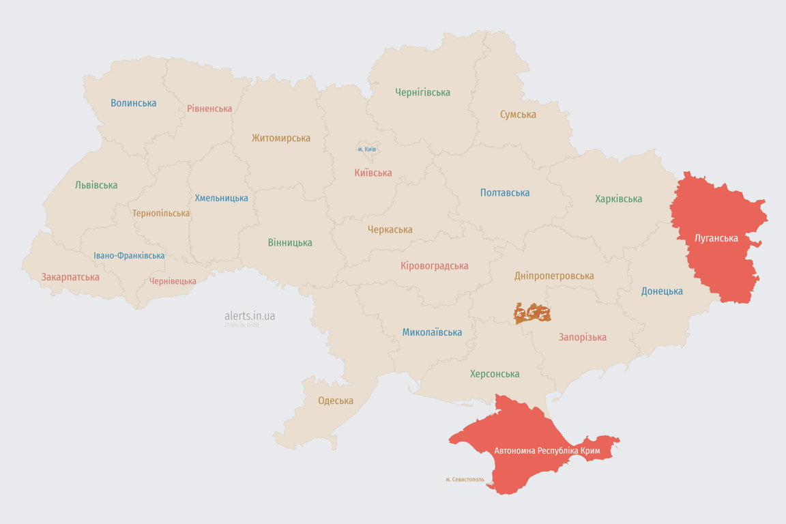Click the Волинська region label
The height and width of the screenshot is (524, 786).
(x=134, y=103)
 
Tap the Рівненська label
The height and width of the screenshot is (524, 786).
(x=209, y=108)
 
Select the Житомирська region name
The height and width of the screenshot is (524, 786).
(x=280, y=138)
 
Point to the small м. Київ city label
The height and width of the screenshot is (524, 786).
(x=366, y=149)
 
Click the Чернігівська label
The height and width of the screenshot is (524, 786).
(x=422, y=92)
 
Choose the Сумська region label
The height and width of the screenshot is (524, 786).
(x=518, y=115)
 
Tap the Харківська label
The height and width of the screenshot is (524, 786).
(x=618, y=199)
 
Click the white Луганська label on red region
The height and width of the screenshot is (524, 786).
(x=716, y=238)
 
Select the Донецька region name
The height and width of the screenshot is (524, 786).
(x=662, y=291)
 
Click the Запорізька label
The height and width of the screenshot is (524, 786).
(x=582, y=337)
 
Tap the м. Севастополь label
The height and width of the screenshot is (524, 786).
(x=465, y=480)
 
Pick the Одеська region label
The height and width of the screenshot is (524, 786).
(x=336, y=401)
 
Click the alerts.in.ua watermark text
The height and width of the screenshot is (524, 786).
(x=250, y=316)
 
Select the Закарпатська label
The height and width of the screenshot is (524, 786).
(x=70, y=277)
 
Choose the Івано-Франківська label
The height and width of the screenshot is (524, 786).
(x=129, y=256)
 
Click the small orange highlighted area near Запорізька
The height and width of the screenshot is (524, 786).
(x=532, y=313)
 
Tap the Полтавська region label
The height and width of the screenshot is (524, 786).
(x=505, y=193)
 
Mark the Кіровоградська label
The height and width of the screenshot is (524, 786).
(x=435, y=265)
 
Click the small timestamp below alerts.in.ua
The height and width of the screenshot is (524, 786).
(x=242, y=325)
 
